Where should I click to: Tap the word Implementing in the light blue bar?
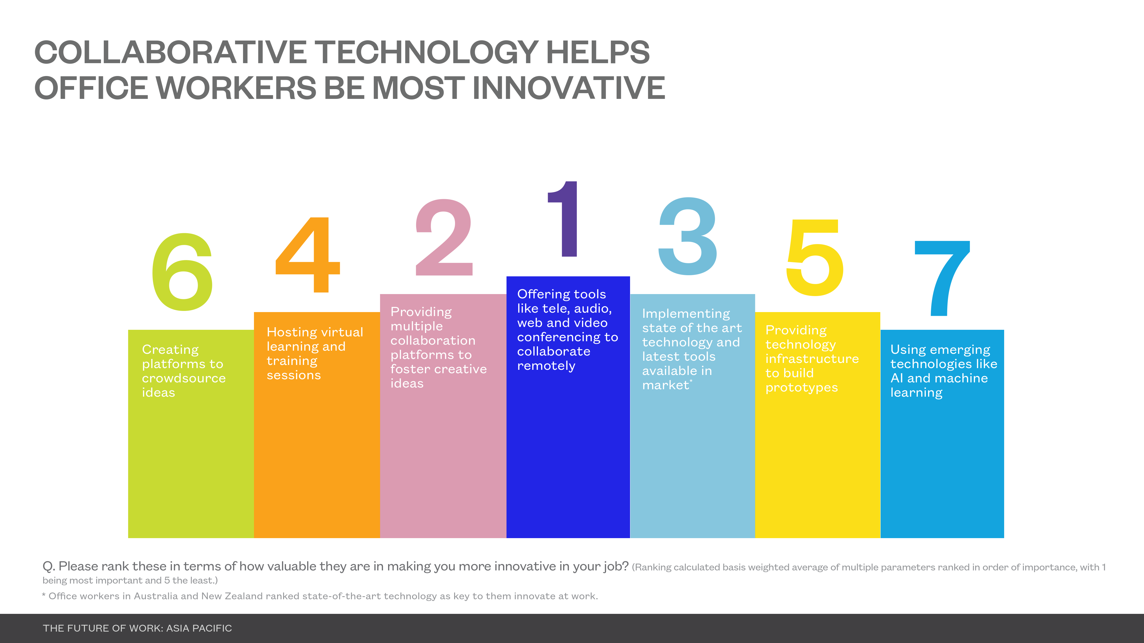pos(686,314)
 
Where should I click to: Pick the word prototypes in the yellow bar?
pos(802,388)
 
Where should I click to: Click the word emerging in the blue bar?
pos(960,350)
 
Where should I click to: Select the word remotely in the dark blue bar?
pos(546,366)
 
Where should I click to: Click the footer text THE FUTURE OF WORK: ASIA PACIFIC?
pos(137,628)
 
